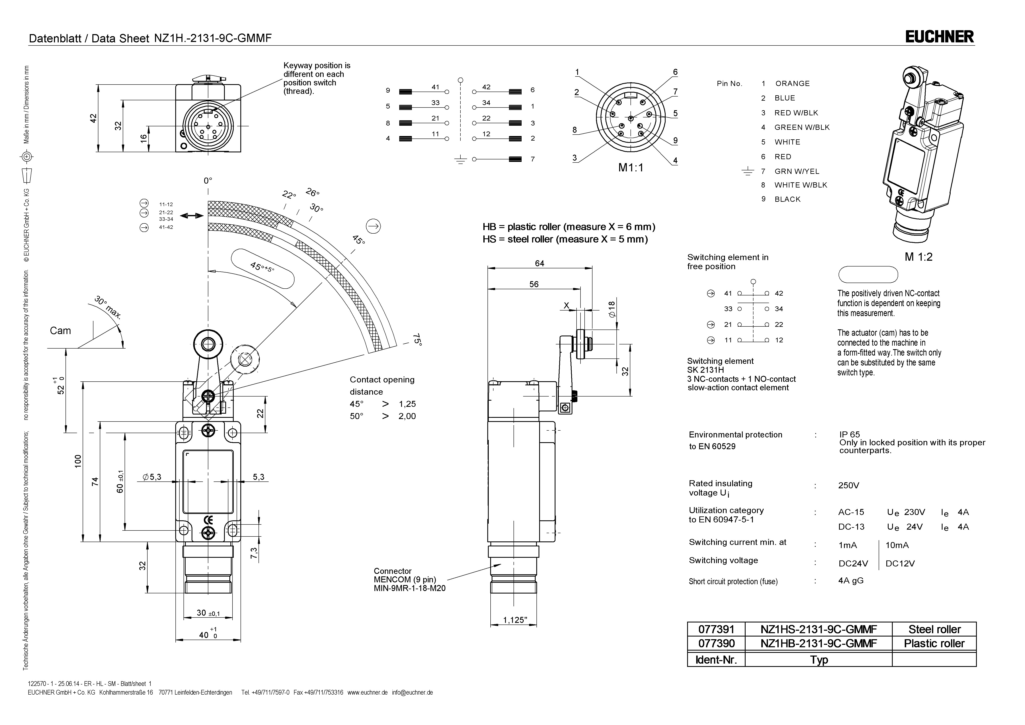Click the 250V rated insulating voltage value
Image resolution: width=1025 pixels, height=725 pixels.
848,486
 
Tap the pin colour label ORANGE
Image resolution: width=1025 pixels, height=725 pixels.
792,84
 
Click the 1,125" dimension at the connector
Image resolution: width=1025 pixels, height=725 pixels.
515,620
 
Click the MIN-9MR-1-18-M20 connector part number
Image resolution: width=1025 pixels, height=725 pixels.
409,588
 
